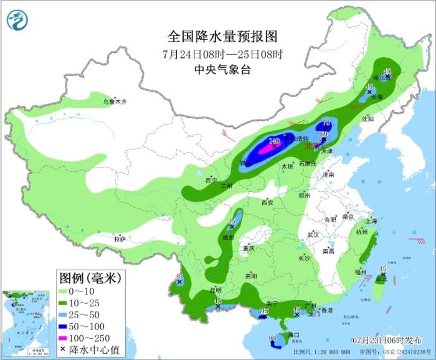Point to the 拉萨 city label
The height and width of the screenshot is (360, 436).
coord(120,239)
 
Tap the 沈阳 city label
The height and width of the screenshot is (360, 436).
coord(369,118)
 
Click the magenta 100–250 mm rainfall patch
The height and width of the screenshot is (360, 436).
coord(267,149)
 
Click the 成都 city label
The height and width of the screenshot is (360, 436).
coord(228,237)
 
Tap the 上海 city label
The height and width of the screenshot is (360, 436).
coord(371,220)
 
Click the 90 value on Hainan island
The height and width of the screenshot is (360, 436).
coord(272,339)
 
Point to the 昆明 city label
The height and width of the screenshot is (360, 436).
coord(215,290)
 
